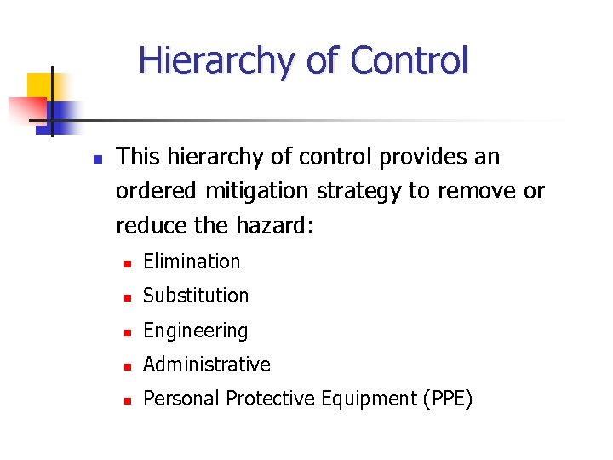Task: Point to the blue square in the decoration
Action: tap(65, 114)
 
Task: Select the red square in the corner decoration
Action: tap(26, 110)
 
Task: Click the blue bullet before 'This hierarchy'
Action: tap(97, 158)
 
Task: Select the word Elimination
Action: tap(192, 262)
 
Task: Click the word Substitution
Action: tap(196, 296)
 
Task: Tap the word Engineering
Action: tap(195, 331)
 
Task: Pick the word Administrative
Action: tap(206, 365)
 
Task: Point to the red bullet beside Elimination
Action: tap(126, 263)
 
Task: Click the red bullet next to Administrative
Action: tap(126, 366)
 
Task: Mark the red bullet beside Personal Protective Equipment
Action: tap(126, 400)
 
